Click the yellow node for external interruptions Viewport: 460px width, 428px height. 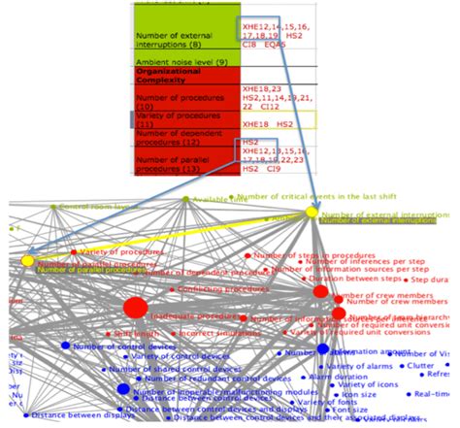(x=312, y=213)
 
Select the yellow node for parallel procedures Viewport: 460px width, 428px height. (x=27, y=261)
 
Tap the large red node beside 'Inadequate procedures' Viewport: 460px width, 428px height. (x=135, y=309)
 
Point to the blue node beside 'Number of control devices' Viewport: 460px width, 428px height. (x=65, y=346)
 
